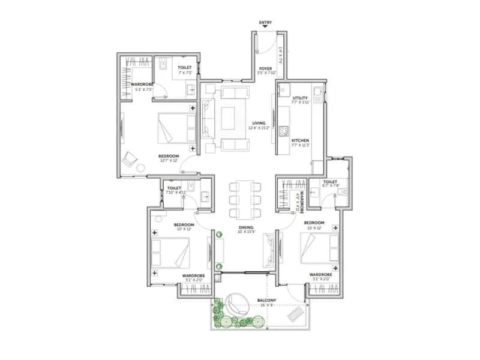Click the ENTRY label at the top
265,23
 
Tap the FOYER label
265,69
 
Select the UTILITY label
299,98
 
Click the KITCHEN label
299,140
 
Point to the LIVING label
259,123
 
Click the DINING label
245,227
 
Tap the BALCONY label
266,299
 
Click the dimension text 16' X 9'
266,305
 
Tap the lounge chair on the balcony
296,313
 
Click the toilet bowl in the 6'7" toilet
344,193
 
